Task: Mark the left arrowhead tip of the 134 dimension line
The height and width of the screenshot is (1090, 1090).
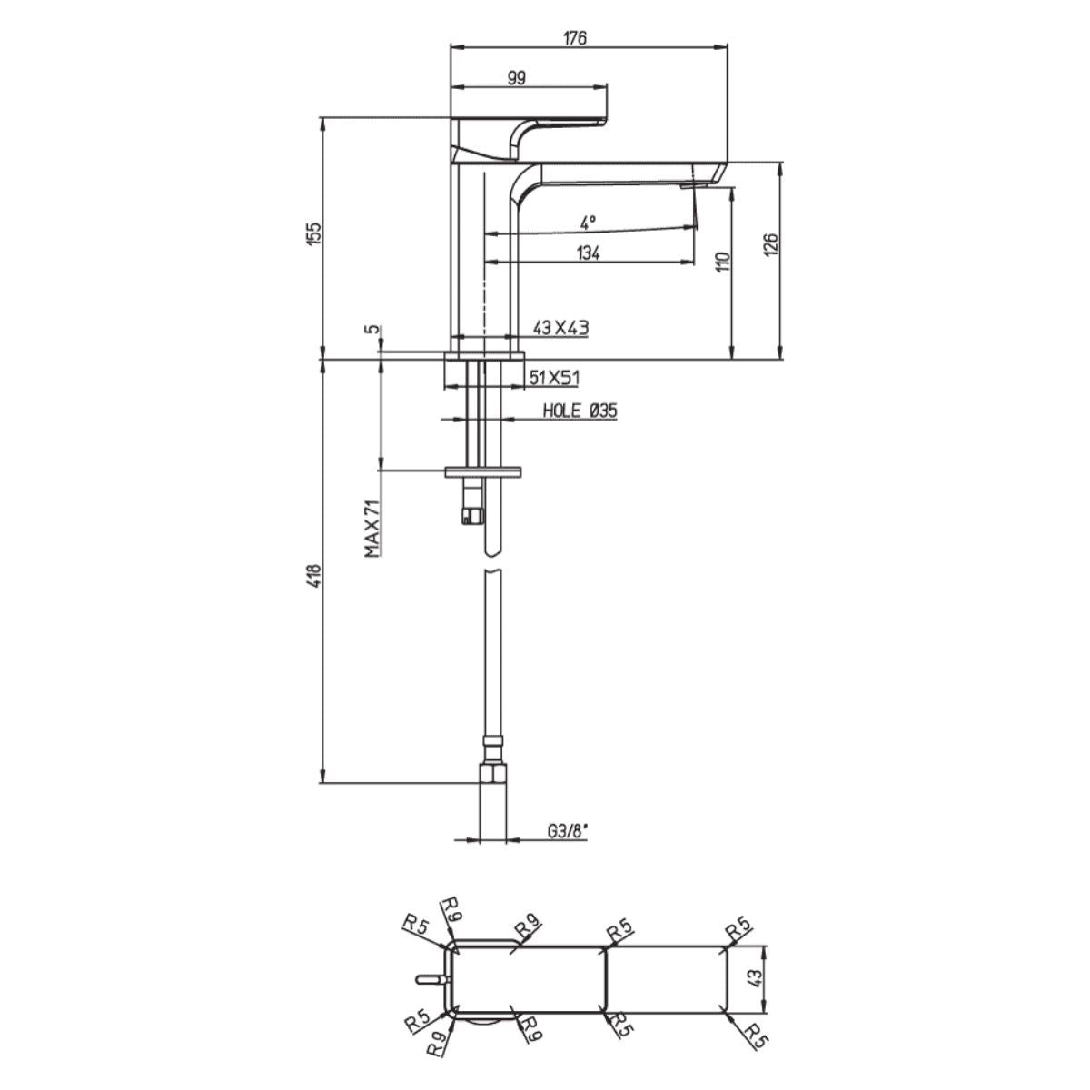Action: pyautogui.click(x=485, y=262)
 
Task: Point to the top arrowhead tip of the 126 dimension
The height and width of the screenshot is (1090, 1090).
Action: pyautogui.click(x=780, y=163)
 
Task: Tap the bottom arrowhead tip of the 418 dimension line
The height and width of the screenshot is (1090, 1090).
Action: pyautogui.click(x=323, y=783)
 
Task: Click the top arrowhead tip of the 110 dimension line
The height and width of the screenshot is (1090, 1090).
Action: pyautogui.click(x=732, y=188)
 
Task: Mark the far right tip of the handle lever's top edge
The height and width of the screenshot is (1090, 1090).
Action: pyautogui.click(x=607, y=119)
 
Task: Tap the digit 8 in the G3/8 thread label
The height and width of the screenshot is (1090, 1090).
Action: pyautogui.click(x=578, y=831)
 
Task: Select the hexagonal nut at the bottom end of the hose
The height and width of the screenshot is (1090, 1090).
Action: pyautogui.click(x=493, y=773)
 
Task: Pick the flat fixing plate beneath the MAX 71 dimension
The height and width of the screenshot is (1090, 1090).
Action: pyautogui.click(x=483, y=471)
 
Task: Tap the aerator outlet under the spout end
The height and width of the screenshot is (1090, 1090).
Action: pyautogui.click(x=693, y=185)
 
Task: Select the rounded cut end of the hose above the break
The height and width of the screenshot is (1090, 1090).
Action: pyautogui.click(x=493, y=550)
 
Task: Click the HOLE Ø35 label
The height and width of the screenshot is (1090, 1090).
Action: pyautogui.click(x=580, y=411)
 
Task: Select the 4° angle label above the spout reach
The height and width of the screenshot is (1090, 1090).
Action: pyautogui.click(x=589, y=222)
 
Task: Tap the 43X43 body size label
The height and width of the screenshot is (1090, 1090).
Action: pyautogui.click(x=560, y=328)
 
